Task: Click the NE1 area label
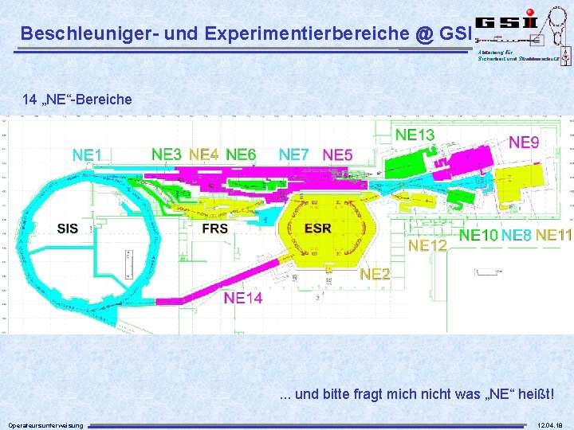click(92, 154)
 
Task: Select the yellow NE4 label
click(204, 154)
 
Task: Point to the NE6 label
click(241, 154)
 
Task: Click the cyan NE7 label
click(294, 154)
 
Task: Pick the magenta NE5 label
click(337, 154)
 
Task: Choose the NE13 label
click(415, 135)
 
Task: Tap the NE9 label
click(524, 143)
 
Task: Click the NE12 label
click(427, 245)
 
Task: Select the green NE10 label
click(479, 235)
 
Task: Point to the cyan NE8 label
click(517, 235)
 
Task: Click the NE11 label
click(554, 235)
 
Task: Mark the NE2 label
click(375, 274)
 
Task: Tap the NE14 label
click(243, 298)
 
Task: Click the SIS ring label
click(68, 229)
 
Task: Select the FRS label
click(214, 229)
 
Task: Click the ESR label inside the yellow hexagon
click(318, 229)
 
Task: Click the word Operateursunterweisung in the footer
click(45, 424)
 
